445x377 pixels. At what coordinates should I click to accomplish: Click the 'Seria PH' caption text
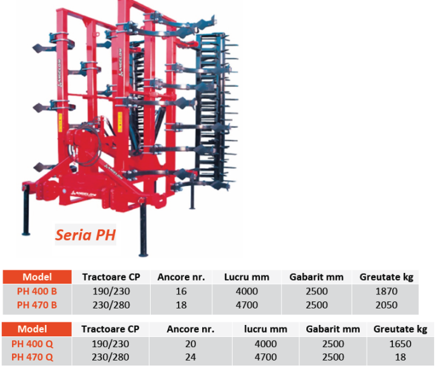point(85,235)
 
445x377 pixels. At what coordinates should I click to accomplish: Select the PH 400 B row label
point(37,291)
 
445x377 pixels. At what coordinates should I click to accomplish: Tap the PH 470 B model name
point(37,305)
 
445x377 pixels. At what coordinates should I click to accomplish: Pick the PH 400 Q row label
point(32,344)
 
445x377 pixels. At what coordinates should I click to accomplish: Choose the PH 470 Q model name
point(32,357)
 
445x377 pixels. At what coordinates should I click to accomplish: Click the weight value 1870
point(387,291)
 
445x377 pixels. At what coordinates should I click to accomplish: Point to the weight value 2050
point(387,305)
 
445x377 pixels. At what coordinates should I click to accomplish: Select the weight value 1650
point(400,344)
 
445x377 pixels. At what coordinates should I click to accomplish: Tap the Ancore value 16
point(181,291)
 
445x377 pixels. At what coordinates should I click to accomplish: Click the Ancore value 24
point(191,357)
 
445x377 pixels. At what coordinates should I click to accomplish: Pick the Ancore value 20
point(191,344)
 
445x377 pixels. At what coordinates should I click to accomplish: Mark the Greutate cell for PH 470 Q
point(400,357)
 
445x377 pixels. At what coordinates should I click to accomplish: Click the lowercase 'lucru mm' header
point(266,329)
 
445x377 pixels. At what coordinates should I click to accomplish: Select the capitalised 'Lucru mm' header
point(247,277)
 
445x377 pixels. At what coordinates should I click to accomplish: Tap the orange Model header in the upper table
point(37,277)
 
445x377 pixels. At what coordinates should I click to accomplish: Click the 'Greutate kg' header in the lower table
point(400,329)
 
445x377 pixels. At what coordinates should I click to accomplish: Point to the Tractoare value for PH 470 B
point(111,305)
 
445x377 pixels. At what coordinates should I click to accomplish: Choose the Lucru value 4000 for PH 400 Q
point(266,344)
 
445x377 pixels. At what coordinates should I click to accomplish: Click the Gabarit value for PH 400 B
point(317,291)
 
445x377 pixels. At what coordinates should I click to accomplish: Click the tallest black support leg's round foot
point(144,254)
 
